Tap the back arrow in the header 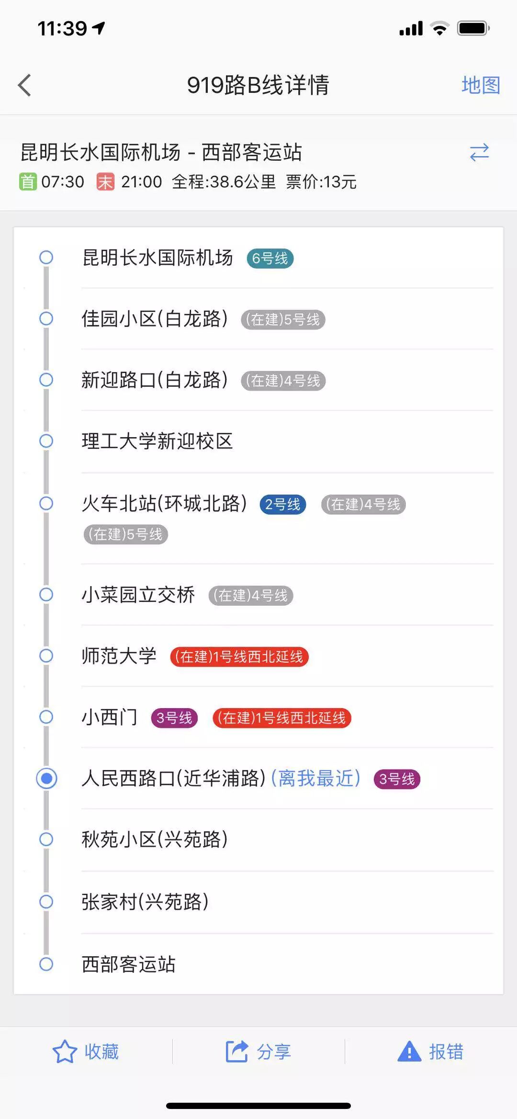tap(25, 85)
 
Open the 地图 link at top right tap(481, 85)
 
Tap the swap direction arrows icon tap(479, 153)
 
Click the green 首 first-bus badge tap(28, 182)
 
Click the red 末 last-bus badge tap(105, 182)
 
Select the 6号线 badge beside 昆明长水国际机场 tap(270, 259)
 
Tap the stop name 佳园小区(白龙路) tap(155, 319)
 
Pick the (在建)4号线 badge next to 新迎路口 tap(283, 381)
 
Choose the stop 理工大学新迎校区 tap(157, 441)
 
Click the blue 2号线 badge tap(282, 504)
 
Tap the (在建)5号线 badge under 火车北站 tap(126, 534)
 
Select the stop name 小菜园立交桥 tap(138, 595)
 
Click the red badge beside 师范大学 tap(239, 656)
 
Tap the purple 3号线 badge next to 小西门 tap(174, 718)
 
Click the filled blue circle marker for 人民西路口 tap(46, 778)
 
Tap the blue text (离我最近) tap(316, 779)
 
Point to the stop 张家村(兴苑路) tap(145, 902)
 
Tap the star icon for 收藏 tap(65, 1052)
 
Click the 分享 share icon tap(237, 1052)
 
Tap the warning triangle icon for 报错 tap(409, 1052)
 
